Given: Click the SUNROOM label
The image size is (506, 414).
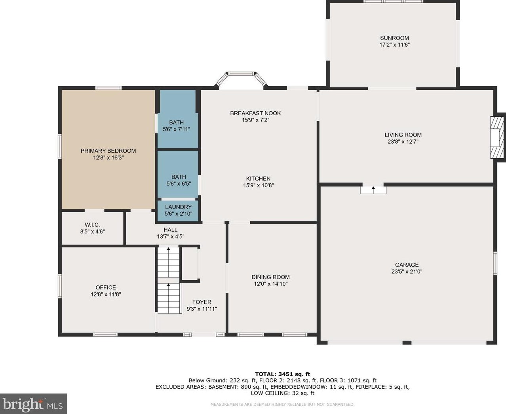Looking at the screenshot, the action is point(394,38).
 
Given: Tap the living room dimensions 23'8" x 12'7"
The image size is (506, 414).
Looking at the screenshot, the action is point(403,142).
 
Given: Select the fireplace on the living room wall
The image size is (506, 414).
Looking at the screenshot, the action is point(496,137).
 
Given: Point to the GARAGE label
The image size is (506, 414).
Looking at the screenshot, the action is point(407,265).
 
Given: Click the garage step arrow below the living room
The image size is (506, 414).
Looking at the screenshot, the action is point(373,190).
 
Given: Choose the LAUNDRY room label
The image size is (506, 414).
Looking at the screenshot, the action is point(178,207).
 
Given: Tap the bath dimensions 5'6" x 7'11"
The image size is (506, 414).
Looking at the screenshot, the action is point(176,129).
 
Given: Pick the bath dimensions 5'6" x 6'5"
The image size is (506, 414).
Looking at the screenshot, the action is point(179,184).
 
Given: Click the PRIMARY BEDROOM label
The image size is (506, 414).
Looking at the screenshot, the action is point(108,151).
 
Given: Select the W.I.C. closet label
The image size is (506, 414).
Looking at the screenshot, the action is point(92,225).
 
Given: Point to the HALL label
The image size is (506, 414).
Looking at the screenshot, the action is point(171,230).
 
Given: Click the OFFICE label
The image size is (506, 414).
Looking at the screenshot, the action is point(106,287).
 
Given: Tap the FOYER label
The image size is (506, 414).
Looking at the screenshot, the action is point(202,302).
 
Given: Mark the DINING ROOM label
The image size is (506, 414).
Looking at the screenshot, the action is point(271,277).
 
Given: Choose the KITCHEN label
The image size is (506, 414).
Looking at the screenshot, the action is point(258,179).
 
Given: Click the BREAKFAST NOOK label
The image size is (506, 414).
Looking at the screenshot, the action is point(255,113).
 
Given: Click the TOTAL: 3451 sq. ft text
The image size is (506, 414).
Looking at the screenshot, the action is point(283,374).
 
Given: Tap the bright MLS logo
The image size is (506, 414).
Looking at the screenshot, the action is point(33,404).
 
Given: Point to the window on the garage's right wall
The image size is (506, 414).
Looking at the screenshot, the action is point(495,263).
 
